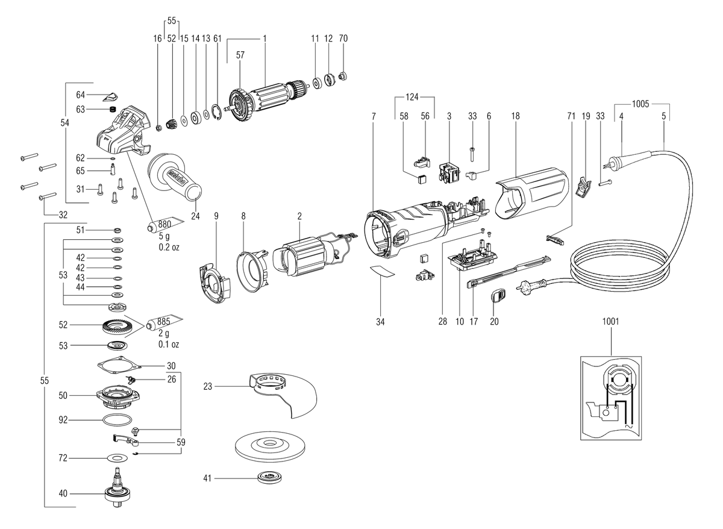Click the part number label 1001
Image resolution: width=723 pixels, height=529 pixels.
tap(611, 322)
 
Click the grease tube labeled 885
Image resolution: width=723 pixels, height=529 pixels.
tap(164, 322)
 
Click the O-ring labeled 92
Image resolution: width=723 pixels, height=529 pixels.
tap(117, 420)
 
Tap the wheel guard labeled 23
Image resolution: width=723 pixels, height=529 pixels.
tap(283, 395)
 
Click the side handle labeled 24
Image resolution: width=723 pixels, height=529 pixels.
tap(174, 178)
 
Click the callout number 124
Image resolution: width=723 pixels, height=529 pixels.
tap(412, 97)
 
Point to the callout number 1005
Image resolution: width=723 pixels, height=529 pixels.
tap(640, 104)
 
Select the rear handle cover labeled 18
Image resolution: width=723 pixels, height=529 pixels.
tap(531, 193)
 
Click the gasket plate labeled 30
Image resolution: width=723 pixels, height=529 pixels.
tap(119, 365)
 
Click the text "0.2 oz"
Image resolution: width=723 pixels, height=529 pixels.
tap(169, 247)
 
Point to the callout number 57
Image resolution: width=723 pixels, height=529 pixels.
tap(240, 55)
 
